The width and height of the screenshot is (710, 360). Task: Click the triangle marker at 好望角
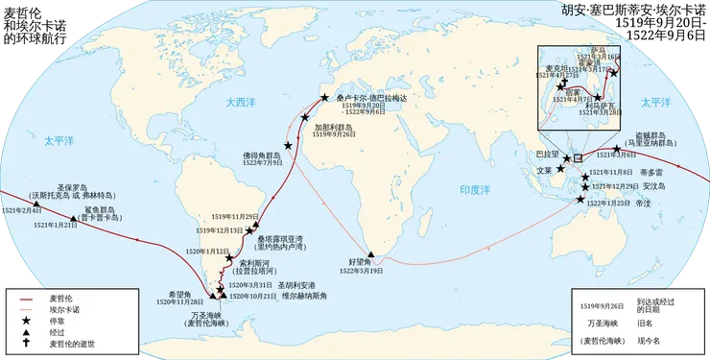pos(383,255)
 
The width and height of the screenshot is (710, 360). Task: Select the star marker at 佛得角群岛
pos(291,155)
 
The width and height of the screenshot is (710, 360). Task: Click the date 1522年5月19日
pos(361,272)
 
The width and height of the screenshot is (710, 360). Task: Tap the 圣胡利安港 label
pos(296,285)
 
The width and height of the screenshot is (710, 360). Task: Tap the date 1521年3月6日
pos(617,155)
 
